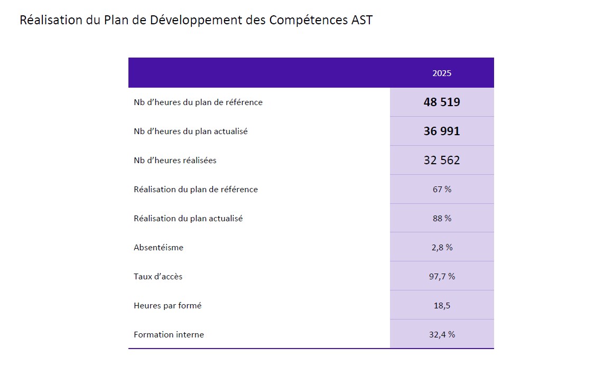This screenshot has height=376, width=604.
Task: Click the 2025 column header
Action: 442,73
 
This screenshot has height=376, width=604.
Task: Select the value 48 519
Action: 442,102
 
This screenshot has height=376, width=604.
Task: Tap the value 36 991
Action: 442,131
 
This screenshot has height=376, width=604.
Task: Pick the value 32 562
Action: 442,161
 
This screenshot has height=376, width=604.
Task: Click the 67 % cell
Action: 442,189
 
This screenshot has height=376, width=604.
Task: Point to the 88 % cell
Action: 442,218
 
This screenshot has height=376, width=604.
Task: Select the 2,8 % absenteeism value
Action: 442,247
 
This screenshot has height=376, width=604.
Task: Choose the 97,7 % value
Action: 442,276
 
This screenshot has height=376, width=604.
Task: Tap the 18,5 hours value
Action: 442,305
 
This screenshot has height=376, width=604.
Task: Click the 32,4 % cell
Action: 442,334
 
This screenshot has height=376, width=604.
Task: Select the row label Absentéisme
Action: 159,247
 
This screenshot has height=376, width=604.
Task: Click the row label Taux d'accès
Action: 158,276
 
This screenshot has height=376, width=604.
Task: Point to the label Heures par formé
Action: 168,305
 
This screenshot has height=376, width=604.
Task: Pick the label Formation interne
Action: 169,334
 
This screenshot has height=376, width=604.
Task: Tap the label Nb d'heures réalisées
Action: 175,161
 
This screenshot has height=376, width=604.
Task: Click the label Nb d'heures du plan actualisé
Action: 191,131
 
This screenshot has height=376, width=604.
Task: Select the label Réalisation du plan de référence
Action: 196,189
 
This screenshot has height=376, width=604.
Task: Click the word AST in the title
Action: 361,20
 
